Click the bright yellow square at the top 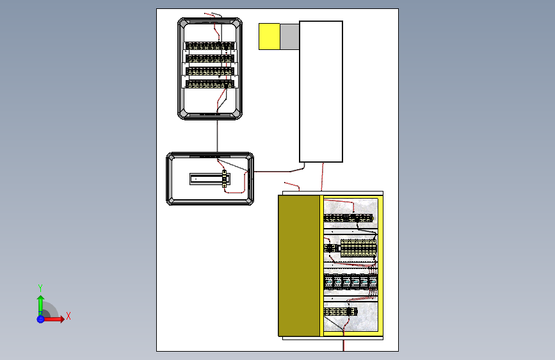pos(269,37)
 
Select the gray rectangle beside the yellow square pos(289,37)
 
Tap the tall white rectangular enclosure pos(321,92)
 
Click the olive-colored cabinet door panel pos(299,265)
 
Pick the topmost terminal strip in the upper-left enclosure pos(210,45)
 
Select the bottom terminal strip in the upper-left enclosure pos(210,85)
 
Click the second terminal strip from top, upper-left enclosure pos(210,58)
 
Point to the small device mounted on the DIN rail pos(224,179)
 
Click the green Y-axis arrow pos(40,306)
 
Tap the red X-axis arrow pos(53,319)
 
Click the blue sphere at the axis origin pos(40,319)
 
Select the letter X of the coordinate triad pos(68,316)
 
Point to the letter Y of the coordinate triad pos(40,288)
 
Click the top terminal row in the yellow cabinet pos(349,218)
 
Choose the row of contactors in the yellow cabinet pos(350,282)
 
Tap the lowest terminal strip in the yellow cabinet pos(341,311)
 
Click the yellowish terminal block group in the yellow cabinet pos(358,248)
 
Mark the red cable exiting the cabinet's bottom pos(343,345)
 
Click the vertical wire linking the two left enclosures pos(217,136)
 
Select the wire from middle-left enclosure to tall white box pos(280,171)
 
